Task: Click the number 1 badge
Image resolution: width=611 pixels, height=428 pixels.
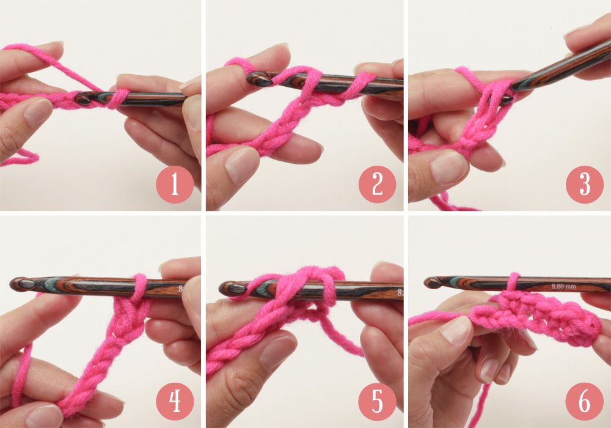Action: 175,185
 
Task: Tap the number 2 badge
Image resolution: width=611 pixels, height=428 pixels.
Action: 377,185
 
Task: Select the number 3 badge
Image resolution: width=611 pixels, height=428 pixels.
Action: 585,185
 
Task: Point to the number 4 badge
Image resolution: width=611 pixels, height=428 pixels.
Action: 175,402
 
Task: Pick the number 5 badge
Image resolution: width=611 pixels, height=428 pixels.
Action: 377,402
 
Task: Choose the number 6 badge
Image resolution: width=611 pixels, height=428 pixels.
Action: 585,402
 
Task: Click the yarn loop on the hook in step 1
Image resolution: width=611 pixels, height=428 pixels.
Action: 118,99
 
